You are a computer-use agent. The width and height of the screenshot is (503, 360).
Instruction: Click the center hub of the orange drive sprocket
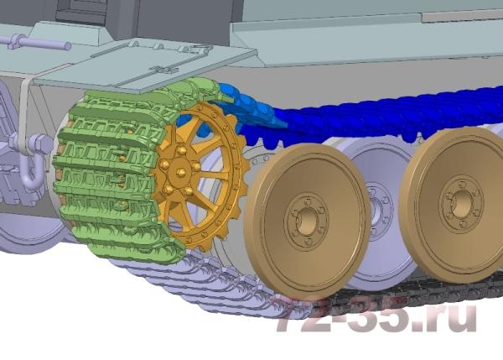point(180,172)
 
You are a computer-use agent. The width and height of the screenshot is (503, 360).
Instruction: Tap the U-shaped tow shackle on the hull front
point(29,167)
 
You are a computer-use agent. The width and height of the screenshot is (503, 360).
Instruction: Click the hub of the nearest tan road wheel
point(307,221)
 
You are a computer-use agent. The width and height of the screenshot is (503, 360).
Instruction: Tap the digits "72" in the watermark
point(297,313)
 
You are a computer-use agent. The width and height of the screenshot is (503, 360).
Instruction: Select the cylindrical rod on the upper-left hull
point(35,43)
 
